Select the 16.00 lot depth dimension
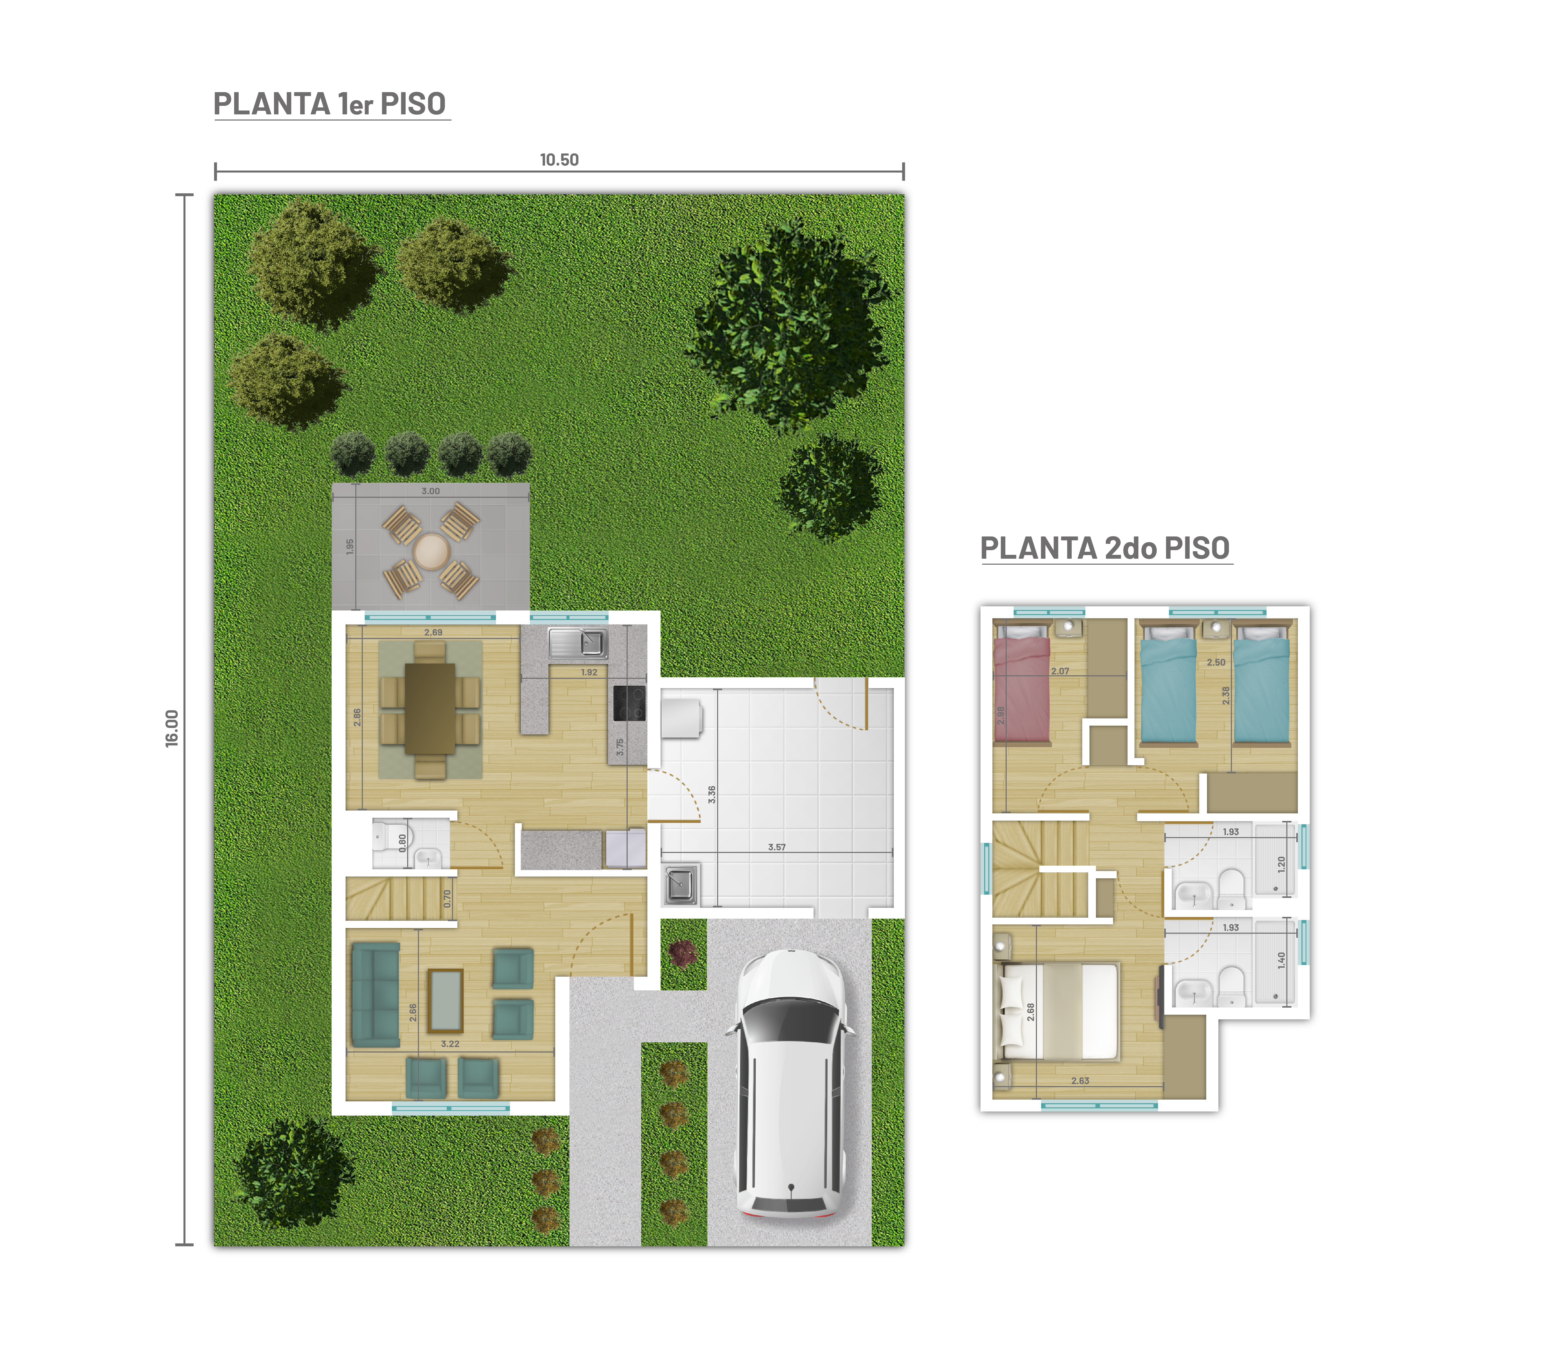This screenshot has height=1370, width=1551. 172,728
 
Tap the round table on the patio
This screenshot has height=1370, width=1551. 431,551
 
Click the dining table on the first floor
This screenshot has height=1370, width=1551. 430,709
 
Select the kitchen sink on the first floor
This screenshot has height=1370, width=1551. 578,643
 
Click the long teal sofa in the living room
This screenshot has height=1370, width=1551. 376,995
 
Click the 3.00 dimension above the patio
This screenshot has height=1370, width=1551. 430,491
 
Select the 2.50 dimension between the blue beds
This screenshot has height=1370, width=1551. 1216,662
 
